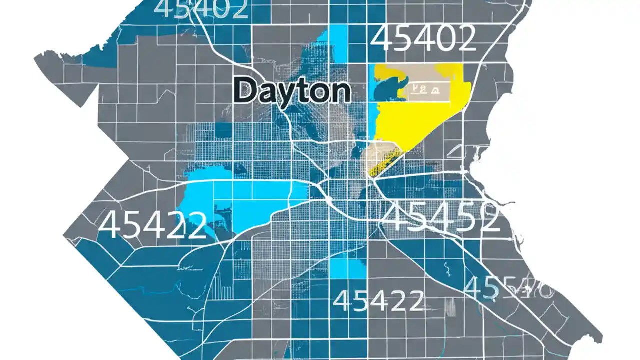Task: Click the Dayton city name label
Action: click(291, 91)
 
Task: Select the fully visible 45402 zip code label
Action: click(423, 39)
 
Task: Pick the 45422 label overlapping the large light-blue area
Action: click(152, 225)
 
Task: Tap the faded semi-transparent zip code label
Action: click(507, 288)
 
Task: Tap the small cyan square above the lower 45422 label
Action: click(348, 269)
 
